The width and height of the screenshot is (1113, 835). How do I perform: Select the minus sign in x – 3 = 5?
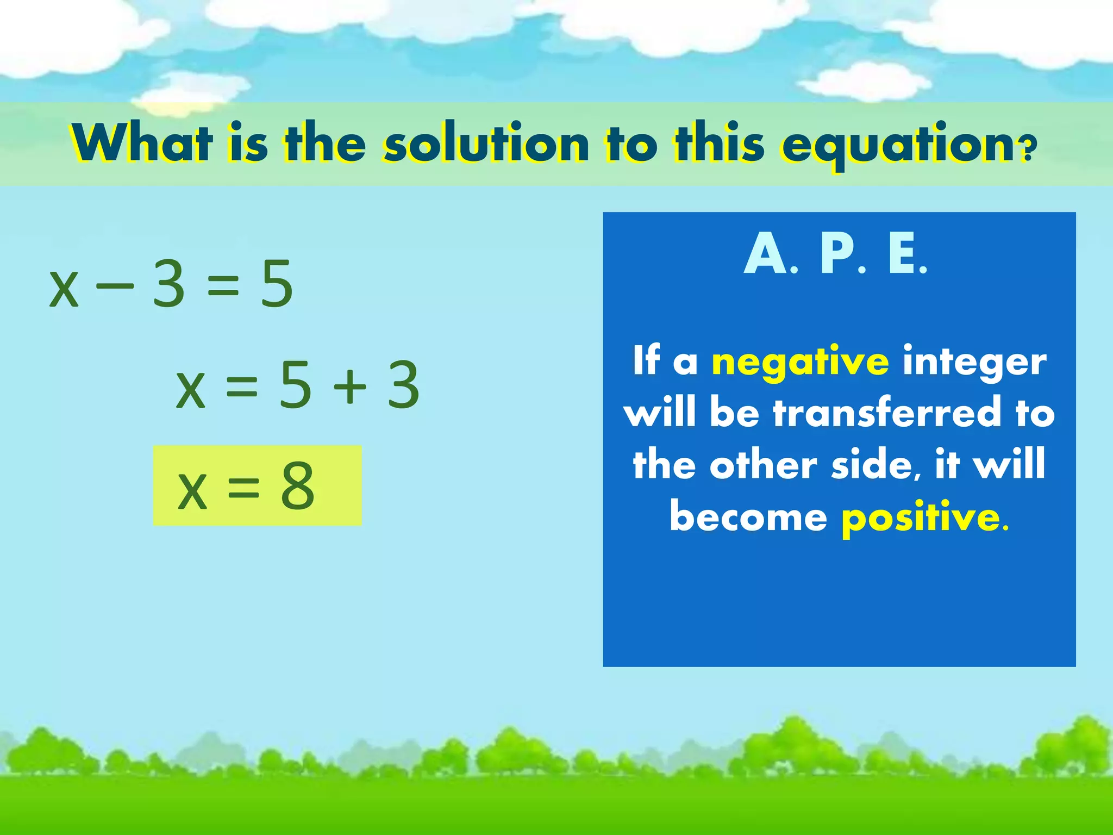point(115,284)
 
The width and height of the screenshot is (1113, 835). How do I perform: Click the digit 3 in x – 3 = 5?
point(168,284)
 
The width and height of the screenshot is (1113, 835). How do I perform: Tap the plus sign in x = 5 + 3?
point(350,385)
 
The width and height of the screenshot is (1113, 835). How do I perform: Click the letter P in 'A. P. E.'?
point(837,254)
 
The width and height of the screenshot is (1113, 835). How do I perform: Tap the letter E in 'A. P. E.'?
point(903,254)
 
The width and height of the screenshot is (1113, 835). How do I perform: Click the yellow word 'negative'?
point(801,362)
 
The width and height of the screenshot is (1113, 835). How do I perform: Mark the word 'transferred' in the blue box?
point(887,413)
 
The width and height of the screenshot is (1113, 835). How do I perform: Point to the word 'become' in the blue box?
point(748,517)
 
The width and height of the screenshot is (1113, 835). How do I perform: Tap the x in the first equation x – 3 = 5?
point(64,289)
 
